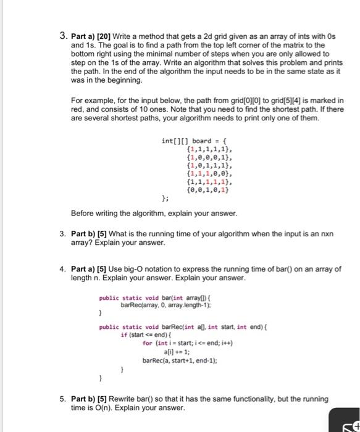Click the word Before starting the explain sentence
tap(84, 214)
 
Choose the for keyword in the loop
tap(147, 344)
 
